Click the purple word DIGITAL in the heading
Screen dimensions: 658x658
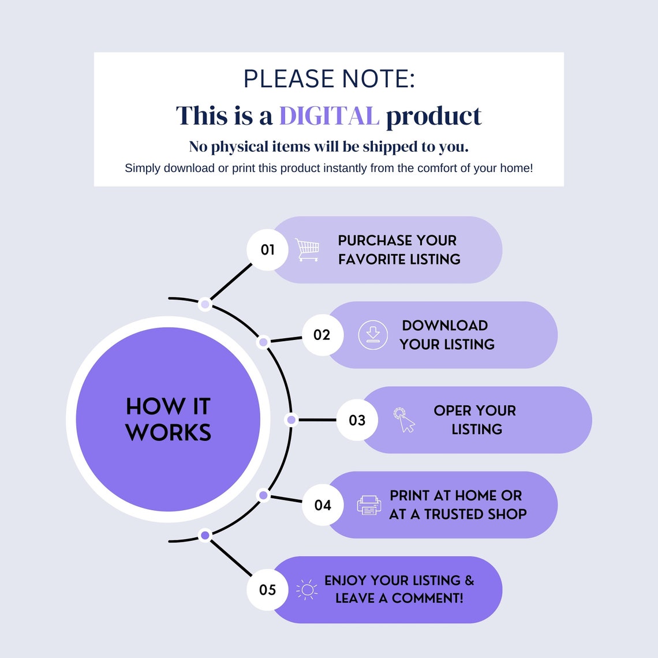point(329,116)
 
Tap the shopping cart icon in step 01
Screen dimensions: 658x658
point(307,250)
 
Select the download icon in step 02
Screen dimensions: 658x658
point(373,335)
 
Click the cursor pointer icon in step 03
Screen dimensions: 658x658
point(404,420)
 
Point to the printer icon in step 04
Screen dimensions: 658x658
point(369,505)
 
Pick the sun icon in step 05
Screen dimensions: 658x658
point(306,589)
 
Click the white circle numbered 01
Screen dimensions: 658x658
point(267,250)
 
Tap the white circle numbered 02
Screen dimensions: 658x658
point(322,335)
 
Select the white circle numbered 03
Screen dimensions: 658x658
point(357,420)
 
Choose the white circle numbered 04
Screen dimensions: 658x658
point(323,505)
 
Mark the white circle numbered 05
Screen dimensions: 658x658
point(267,589)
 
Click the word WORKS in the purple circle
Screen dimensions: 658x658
point(169,432)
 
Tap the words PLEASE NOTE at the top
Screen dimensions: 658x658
point(329,79)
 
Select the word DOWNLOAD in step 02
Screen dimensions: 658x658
point(445,326)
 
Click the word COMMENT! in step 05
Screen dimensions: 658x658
point(428,598)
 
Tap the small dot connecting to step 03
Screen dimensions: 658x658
point(291,420)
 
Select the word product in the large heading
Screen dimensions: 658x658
point(433,116)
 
